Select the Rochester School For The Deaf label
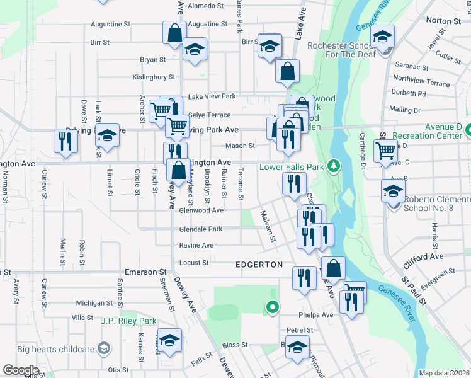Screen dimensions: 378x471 click(341, 50)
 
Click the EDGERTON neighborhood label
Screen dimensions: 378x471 click(259, 265)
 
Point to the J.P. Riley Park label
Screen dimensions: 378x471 click(128, 321)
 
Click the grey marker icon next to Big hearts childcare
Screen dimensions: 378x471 click(104, 348)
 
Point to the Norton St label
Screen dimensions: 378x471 click(444, 21)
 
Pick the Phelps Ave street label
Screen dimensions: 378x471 click(318, 314)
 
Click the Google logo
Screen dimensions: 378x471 click(21, 370)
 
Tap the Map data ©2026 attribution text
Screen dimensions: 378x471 click(444, 373)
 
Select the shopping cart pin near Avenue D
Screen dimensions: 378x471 click(385, 151)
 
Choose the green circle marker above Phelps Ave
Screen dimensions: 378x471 click(272, 307)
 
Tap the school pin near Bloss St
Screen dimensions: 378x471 click(297, 346)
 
